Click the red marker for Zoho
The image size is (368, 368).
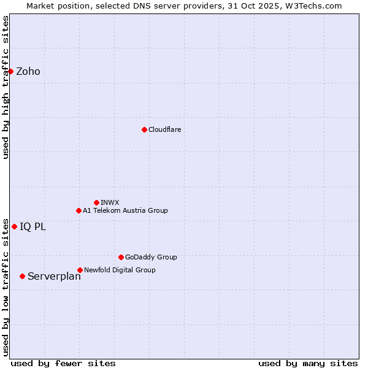(x=10, y=71)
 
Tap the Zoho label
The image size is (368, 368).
(x=28, y=72)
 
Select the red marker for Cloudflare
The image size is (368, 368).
(x=144, y=129)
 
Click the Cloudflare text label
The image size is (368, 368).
(x=165, y=130)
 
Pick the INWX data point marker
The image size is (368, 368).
(x=96, y=202)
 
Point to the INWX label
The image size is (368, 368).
(x=110, y=203)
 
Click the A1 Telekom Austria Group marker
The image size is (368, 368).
(x=79, y=210)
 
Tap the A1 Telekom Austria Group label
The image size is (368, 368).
(x=125, y=211)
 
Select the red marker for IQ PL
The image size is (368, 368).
(x=14, y=226)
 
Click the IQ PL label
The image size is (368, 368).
(x=33, y=227)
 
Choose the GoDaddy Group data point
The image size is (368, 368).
(x=121, y=257)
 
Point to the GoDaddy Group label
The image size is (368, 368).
(x=151, y=258)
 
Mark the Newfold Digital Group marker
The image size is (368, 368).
(x=80, y=270)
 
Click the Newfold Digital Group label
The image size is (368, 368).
(x=120, y=270)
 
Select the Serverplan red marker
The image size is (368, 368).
(x=22, y=276)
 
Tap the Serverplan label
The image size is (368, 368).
(x=54, y=277)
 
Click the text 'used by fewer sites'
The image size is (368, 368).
(x=63, y=363)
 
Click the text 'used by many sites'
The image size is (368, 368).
(x=308, y=363)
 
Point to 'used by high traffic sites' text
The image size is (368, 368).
(x=6, y=87)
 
